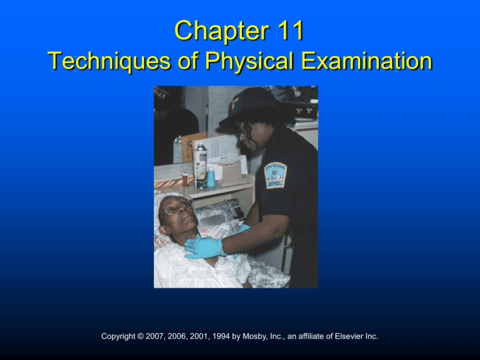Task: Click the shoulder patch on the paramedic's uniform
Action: (276, 175)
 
